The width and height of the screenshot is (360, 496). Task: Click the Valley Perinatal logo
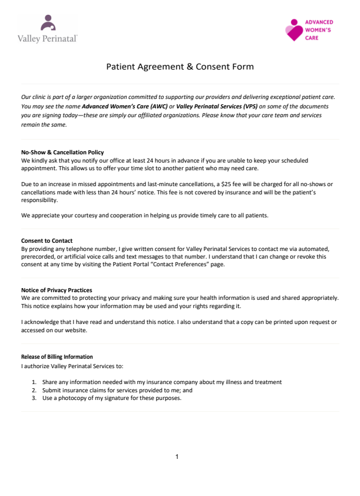tap(48, 29)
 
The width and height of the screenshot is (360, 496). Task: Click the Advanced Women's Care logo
tap(309, 29)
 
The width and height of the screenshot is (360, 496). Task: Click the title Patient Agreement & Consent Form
tap(180, 67)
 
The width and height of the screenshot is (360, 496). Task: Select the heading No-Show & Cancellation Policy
tap(62, 153)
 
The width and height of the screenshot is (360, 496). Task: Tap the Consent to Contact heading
tap(47, 241)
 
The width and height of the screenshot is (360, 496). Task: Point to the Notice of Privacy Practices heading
tap(57, 290)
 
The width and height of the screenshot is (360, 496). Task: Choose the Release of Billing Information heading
tap(57, 357)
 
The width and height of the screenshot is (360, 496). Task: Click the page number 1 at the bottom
tap(177, 457)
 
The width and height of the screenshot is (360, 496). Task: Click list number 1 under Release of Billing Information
tap(34, 382)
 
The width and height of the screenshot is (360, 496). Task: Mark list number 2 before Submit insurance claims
tap(34, 390)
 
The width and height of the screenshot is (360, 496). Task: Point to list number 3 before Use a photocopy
tap(34, 398)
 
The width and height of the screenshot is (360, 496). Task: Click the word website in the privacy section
tap(75, 330)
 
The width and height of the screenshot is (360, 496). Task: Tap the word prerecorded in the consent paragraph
tap(39, 256)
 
